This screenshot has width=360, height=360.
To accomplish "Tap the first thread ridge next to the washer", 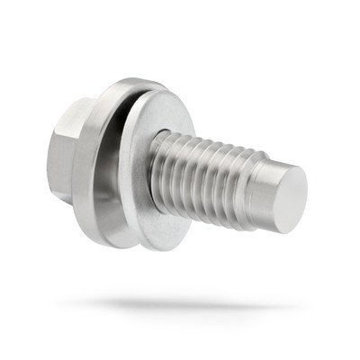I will (166, 166).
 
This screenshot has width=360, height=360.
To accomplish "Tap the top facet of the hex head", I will (76, 105).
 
